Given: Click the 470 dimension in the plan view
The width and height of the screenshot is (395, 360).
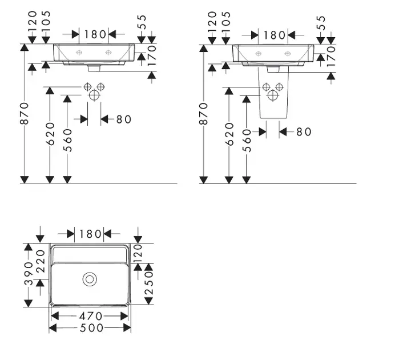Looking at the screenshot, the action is click(91, 316).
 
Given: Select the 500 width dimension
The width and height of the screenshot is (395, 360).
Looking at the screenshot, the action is click(92, 328).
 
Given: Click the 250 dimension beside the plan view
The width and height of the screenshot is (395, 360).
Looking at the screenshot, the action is click(149, 283).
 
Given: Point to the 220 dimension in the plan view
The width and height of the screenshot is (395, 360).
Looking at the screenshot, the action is click(41, 261).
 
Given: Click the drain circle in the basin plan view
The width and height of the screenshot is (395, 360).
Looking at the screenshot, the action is click(90, 279).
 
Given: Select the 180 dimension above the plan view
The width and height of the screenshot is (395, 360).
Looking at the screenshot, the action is click(90, 234).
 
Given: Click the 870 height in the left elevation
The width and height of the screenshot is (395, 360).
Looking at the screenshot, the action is click(25, 113).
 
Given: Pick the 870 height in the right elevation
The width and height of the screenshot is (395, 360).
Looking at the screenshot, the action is click(204, 114).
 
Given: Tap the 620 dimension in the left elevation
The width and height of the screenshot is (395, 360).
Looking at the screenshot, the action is click(50, 134).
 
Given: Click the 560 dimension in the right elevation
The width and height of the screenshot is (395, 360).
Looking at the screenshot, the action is click(247, 141).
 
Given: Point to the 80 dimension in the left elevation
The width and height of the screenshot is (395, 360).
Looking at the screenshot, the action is click(124, 119).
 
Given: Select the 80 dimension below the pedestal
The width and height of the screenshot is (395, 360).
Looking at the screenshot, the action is click(304, 131).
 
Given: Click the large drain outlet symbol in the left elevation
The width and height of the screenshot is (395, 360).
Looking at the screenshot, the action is click(94, 95).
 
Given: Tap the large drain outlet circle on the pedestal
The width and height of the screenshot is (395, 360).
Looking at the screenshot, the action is click(273, 95).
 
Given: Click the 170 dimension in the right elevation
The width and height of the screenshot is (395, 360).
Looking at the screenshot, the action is click(332, 56).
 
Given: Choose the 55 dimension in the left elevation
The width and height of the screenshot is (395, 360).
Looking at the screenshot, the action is click(142, 22).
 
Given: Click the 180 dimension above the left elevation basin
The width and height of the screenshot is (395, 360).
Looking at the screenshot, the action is click(95, 34).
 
